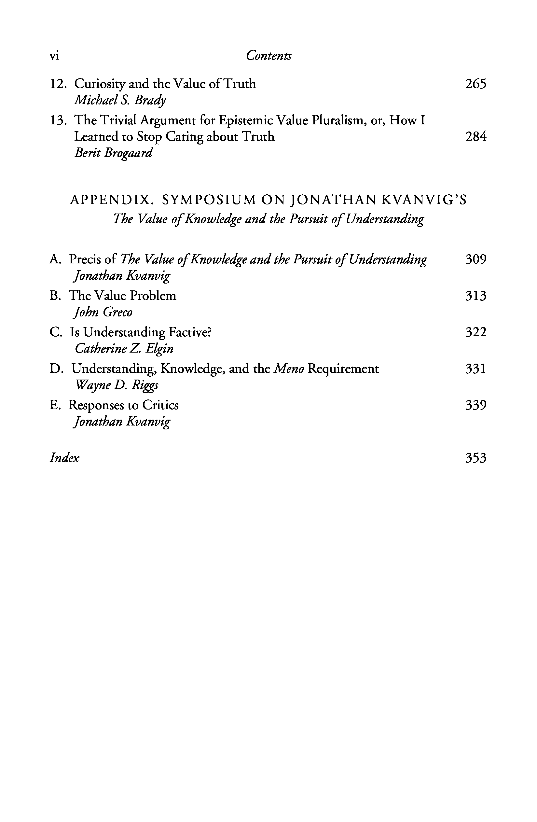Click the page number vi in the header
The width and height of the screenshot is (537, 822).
55,56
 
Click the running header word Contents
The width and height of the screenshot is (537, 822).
268,56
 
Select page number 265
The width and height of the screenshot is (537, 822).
475,84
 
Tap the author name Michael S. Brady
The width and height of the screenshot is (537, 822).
120,100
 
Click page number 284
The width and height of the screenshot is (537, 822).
475,136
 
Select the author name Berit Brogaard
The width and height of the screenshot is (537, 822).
113,153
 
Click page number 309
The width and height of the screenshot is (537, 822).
475,259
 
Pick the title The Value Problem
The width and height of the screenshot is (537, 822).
123,296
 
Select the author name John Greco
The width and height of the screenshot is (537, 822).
103,312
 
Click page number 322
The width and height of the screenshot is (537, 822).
475,332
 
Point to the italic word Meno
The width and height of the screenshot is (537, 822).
289,369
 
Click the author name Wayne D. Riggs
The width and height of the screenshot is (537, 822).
117,385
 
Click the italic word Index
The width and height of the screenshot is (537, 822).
64,458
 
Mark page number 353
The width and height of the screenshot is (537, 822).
475,458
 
